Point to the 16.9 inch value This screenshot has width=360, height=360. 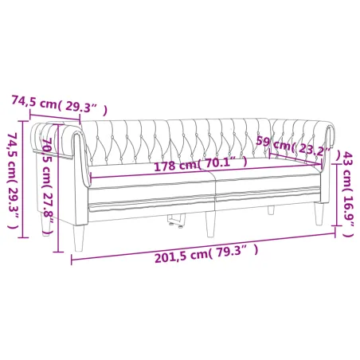click(348, 213)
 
